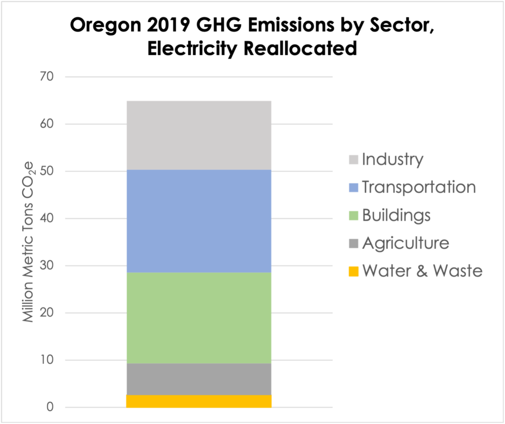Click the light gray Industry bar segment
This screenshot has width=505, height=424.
pos(199,135)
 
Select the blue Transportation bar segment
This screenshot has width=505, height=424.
pos(199,221)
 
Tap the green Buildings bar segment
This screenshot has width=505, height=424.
pos(199,318)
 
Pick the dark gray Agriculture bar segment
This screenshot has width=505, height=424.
pos(199,379)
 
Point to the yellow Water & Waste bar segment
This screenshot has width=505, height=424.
pos(199,401)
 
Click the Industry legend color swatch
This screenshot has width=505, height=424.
pos(353,160)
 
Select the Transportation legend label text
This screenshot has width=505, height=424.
pos(419,187)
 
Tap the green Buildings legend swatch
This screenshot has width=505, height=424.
pos(353,216)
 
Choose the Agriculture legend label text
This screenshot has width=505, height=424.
pos(405,243)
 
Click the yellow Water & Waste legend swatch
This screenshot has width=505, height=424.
pos(353,271)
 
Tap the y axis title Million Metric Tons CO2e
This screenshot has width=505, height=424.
pos(29,242)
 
